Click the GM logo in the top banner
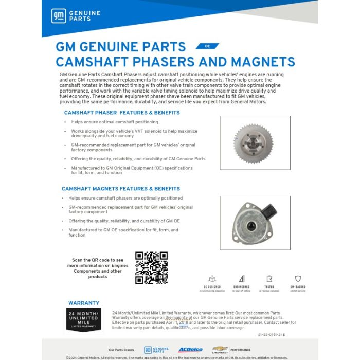coord(59,16)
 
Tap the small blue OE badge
coord(207,46)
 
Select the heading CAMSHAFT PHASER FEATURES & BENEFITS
coord(122,112)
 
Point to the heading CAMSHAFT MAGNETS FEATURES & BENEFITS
coord(121,189)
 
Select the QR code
coord(151,267)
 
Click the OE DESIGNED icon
coord(212,279)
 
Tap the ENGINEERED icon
coord(241,279)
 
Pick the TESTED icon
coord(269,279)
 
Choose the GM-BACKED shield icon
coord(298,279)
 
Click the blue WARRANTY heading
coord(84,303)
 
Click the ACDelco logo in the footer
coord(190,350)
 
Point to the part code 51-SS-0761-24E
coord(271,335)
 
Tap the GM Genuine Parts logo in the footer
coord(157,350)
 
